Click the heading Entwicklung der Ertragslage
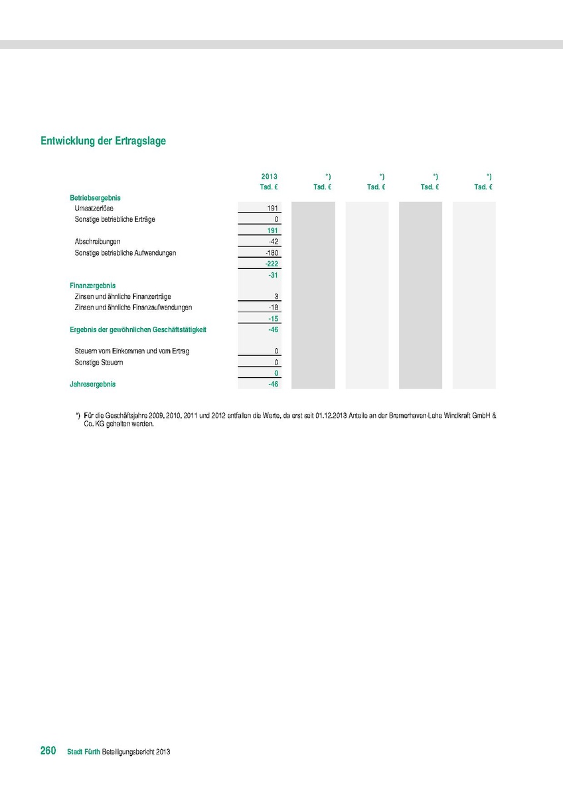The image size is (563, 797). (103, 141)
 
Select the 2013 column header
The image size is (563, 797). (269, 176)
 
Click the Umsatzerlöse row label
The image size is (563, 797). (94, 209)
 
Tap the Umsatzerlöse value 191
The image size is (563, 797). (272, 209)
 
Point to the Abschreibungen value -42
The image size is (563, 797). (272, 242)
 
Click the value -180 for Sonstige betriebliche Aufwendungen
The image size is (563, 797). (271, 253)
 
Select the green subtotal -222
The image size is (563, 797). (271, 264)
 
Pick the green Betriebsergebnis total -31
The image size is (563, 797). (272, 275)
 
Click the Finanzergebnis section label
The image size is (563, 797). (92, 286)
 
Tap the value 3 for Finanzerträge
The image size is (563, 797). (276, 296)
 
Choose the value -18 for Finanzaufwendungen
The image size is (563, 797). (272, 308)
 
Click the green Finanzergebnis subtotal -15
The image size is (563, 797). (272, 319)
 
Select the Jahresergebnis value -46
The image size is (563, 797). (272, 384)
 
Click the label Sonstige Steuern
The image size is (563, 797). (98, 363)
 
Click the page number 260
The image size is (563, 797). (48, 751)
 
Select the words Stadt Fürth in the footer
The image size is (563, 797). (84, 752)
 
